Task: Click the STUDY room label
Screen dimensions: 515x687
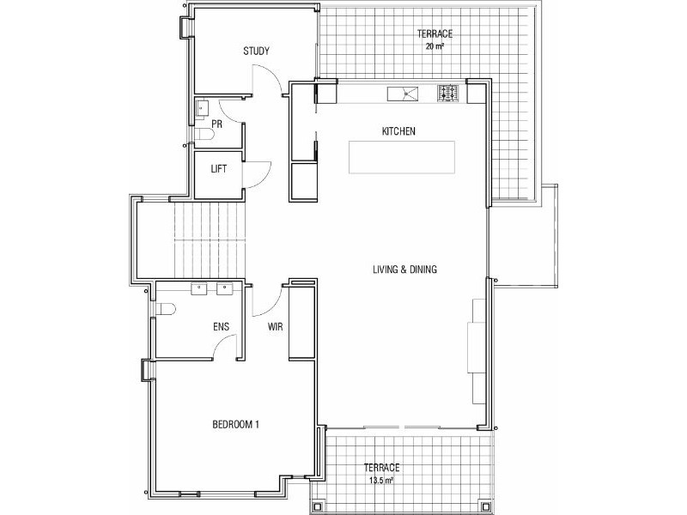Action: (x=256, y=51)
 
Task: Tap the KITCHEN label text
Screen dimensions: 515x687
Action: (x=399, y=131)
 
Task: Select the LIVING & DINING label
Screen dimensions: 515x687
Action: (x=405, y=270)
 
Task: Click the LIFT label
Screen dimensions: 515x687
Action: (x=219, y=169)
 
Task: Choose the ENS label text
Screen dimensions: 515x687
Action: (x=221, y=326)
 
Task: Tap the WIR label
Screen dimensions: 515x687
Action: (x=276, y=326)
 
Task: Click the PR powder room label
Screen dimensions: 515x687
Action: (x=217, y=124)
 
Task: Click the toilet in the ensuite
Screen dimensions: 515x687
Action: (x=166, y=309)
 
